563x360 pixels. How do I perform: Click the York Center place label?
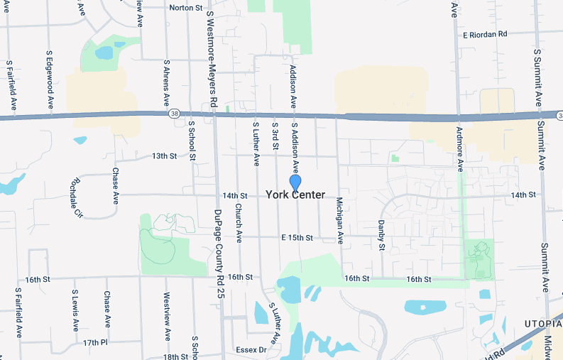(295, 195)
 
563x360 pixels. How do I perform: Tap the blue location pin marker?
(295, 182)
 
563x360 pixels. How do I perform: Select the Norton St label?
(186, 8)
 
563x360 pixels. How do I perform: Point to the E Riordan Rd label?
(485, 34)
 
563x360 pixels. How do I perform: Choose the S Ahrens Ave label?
(167, 82)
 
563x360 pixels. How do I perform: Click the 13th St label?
(164, 156)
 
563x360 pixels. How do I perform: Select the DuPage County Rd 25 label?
(219, 253)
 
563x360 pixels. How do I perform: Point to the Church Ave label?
(239, 222)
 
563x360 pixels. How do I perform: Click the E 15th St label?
(297, 237)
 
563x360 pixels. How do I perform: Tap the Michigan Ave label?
(339, 221)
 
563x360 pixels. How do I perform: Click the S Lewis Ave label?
(75, 310)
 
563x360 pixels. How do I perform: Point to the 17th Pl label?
(94, 342)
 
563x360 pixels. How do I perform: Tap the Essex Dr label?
(252, 349)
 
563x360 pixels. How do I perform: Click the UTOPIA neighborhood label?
(541, 323)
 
